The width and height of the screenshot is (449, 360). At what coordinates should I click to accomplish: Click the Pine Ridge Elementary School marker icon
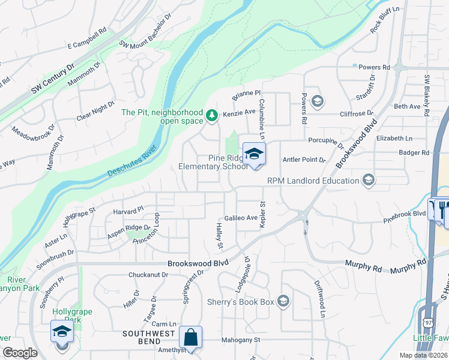(254, 154)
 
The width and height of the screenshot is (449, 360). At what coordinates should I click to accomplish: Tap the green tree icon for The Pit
(211, 115)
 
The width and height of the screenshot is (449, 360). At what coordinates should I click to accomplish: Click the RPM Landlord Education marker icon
(368, 180)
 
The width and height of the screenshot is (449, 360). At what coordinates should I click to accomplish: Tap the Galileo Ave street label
(241, 218)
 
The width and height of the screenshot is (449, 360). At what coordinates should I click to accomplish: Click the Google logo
(20, 353)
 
